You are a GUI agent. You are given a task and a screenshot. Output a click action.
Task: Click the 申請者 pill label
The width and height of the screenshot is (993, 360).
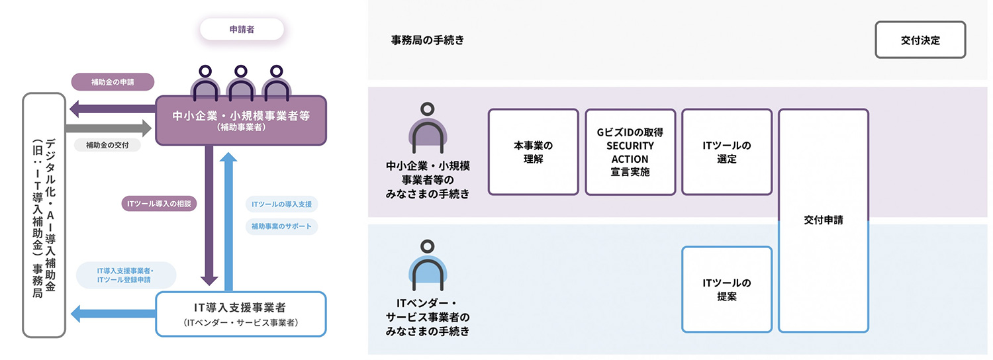click(x=242, y=29)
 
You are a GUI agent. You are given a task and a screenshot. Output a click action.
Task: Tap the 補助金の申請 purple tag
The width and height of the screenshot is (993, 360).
click(x=113, y=82)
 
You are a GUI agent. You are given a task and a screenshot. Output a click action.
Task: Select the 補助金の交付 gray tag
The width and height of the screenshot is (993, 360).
click(x=107, y=145)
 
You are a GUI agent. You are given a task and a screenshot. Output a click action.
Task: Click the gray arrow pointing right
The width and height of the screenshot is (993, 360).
click(x=108, y=128)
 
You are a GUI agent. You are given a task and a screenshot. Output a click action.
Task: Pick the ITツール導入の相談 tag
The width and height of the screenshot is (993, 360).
click(x=159, y=204)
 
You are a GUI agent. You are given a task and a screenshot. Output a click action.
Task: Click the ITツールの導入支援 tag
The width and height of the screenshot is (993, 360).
click(x=281, y=204)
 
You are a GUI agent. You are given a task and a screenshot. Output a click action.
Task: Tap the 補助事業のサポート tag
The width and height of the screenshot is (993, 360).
click(x=281, y=226)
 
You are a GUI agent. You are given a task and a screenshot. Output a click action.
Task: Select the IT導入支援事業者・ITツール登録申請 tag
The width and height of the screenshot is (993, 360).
click(x=126, y=275)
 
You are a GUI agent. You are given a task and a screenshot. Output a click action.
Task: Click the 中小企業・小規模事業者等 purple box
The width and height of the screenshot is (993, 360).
click(x=241, y=120)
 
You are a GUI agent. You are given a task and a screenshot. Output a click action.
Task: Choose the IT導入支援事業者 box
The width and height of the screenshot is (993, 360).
click(x=241, y=314)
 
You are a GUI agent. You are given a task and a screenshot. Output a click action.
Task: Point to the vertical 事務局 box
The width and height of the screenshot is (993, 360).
click(x=44, y=215)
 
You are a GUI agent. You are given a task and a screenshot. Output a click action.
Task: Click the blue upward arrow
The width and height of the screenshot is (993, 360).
click(x=228, y=221)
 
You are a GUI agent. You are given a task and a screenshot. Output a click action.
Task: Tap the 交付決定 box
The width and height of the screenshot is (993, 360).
click(x=920, y=40)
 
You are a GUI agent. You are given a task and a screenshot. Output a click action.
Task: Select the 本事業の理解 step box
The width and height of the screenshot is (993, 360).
click(x=534, y=152)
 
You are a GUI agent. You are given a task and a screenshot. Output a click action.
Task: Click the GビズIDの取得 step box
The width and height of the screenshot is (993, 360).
click(x=630, y=152)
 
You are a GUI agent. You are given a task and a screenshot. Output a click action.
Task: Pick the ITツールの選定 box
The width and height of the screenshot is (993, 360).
click(x=727, y=152)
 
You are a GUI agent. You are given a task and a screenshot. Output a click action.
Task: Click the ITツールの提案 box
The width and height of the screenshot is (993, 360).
click(x=727, y=289)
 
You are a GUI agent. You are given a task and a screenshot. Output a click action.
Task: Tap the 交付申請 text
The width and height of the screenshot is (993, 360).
click(x=824, y=220)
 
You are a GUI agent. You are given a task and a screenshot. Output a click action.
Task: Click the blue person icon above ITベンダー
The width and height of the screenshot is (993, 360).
click(x=428, y=265)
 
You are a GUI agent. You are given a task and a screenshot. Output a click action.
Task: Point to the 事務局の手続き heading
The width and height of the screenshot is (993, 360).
click(x=428, y=40)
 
